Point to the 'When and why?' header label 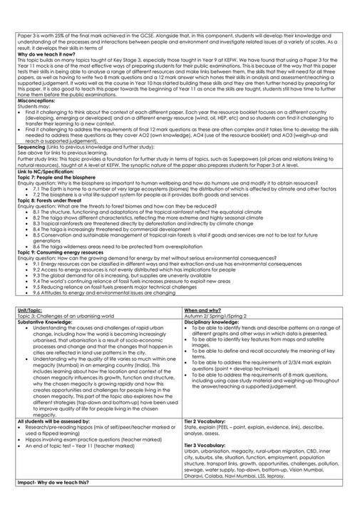pos(202,311)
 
